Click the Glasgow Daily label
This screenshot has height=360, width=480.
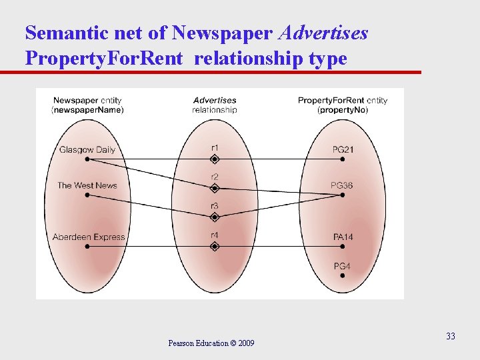click(x=87, y=149)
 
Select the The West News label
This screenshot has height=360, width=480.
click(x=87, y=185)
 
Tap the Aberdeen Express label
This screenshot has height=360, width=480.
click(x=89, y=237)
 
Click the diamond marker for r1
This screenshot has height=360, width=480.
click(x=215, y=159)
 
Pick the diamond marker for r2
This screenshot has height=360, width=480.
click(x=215, y=189)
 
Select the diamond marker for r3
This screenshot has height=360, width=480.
click(x=215, y=217)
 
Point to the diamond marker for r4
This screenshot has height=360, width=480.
click(x=215, y=246)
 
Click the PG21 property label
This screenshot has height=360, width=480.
click(x=342, y=149)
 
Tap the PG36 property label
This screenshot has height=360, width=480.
click(x=342, y=185)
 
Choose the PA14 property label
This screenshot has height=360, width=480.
click(x=343, y=237)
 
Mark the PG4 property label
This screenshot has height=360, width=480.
click(x=342, y=267)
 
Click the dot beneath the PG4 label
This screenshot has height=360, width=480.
click(x=342, y=275)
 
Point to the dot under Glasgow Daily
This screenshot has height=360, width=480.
click(x=87, y=159)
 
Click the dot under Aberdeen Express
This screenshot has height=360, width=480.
click(x=87, y=246)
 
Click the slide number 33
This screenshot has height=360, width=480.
click(x=451, y=336)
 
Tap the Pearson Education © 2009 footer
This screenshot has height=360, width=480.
click(x=211, y=343)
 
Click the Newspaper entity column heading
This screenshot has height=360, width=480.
click(x=87, y=101)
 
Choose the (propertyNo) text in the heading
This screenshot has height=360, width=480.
click(x=342, y=109)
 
